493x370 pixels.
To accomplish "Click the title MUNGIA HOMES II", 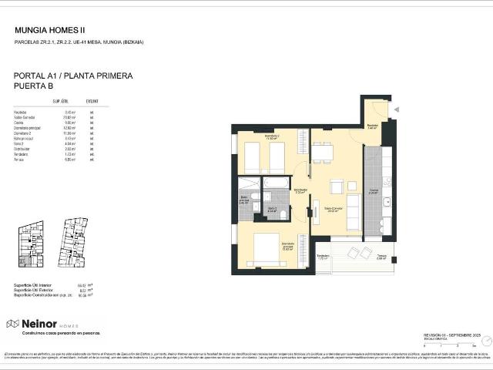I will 50,30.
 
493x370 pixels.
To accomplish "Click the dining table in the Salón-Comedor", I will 323,153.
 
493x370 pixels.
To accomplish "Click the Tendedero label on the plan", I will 323,256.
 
